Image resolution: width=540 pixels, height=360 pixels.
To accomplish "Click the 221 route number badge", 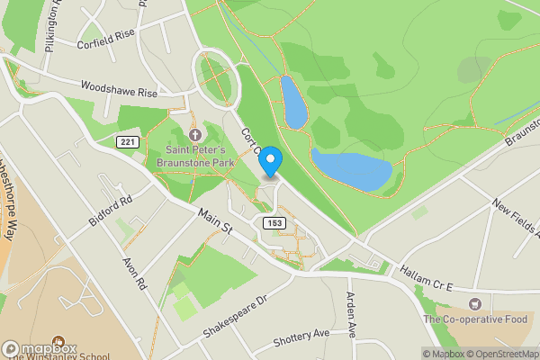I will (127, 141).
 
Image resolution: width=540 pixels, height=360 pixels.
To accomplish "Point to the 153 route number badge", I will (275, 221).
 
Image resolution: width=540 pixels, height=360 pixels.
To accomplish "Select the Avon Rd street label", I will (135, 273).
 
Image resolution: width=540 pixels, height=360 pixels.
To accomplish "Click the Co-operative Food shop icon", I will (474, 305).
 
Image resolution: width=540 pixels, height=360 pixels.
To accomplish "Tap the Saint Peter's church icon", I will (196, 134).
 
